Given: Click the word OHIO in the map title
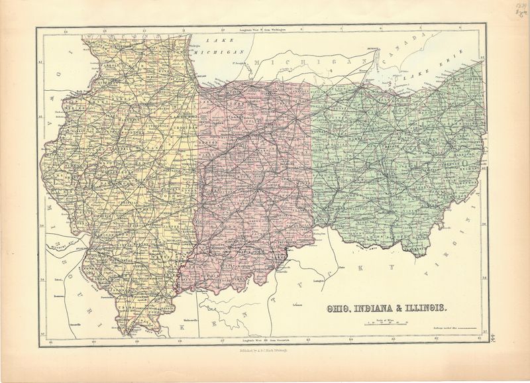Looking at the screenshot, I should pyautogui.click(x=339, y=308).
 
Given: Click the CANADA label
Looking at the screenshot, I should pyautogui.click(x=411, y=50).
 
